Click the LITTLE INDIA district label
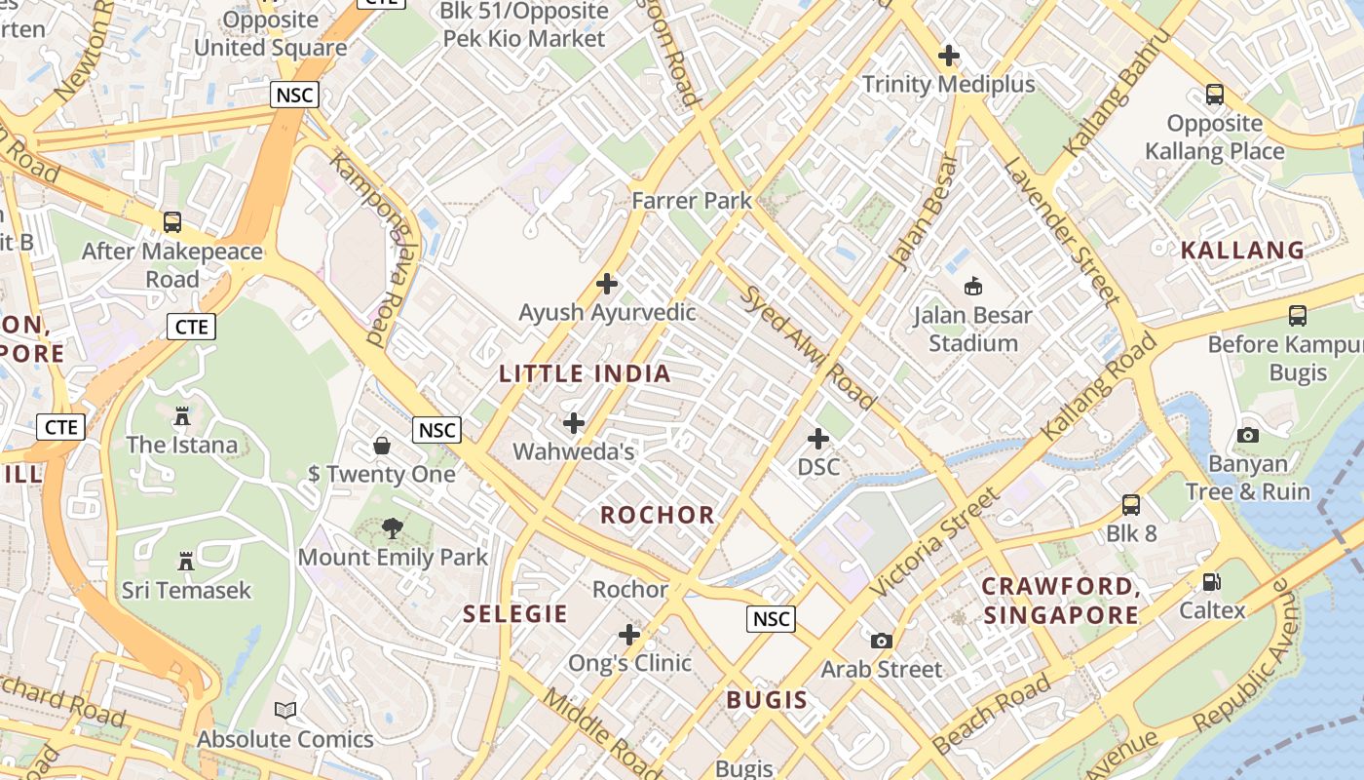click(585, 373)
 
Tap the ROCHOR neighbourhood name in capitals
click(658, 515)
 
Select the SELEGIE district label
click(515, 613)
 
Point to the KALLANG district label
click(1242, 250)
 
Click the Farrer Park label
click(692, 201)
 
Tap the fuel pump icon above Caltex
click(1212, 582)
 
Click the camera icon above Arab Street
click(882, 641)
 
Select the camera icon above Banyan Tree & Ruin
click(1248, 435)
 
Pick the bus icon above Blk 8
click(1131, 505)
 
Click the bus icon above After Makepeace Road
click(172, 222)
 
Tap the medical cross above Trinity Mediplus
click(948, 56)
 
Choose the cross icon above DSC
click(818, 439)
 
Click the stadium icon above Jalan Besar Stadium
click(972, 287)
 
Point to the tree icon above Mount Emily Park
click(392, 528)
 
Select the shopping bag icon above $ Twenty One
click(382, 446)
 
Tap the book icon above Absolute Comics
click(284, 710)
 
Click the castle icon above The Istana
click(182, 416)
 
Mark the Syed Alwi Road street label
click(809, 346)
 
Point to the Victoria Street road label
click(933, 542)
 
